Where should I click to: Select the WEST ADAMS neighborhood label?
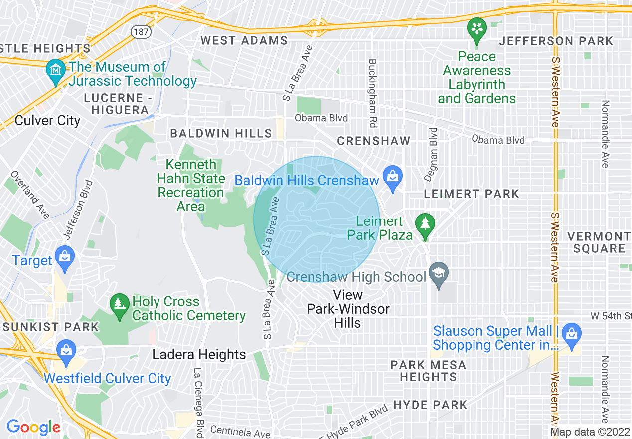[244, 40]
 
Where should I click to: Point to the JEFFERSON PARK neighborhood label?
[556, 41]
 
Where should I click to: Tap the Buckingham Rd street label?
[372, 93]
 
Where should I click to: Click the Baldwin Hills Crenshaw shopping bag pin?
[393, 177]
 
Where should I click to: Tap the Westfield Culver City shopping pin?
[66, 349]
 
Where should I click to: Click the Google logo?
[33, 427]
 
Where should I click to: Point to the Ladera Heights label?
[199, 355]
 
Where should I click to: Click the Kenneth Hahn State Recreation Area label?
[191, 185]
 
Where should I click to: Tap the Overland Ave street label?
[30, 195]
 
